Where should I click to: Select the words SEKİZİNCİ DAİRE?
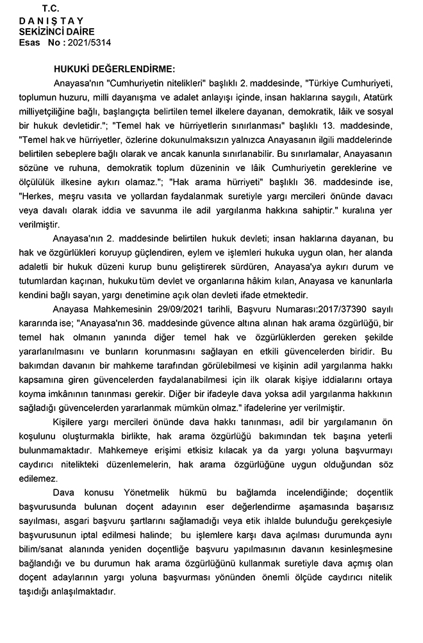coord(56,31)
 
